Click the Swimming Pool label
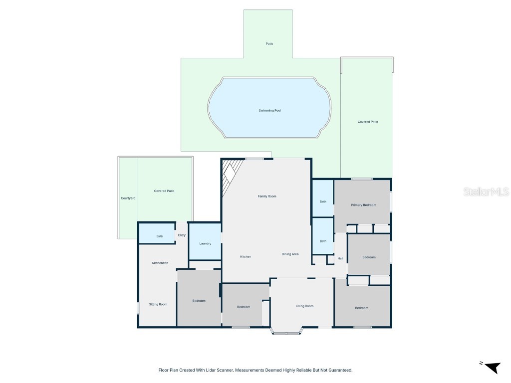pos(269,110)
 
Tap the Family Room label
pos(267,196)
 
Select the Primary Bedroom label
pos(363,205)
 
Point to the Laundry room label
pos(205,244)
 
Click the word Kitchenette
pos(160,263)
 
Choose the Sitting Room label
pos(158,304)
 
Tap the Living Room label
pos(304,306)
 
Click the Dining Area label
pos(290,254)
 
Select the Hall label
pos(340,258)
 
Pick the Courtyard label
pos(128,198)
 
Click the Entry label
pos(182,235)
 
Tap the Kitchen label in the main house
pos(246,257)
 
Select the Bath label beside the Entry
pos(160,236)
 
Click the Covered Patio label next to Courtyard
pos(164,191)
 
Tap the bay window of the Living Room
pos(286,332)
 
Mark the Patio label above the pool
pos(269,44)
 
